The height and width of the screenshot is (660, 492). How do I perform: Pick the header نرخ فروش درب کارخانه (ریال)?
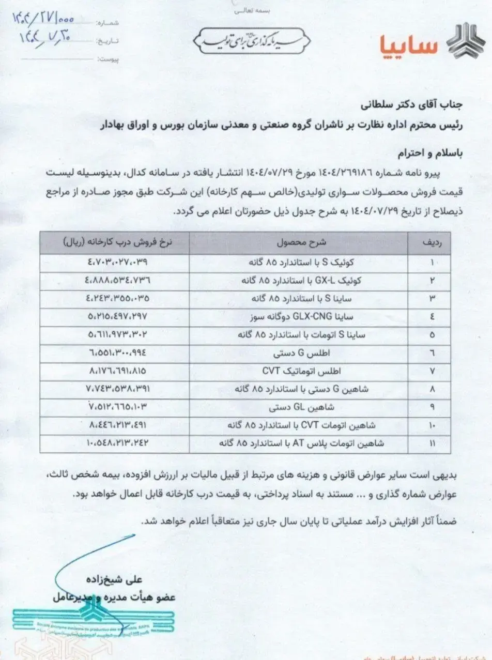click(115, 241)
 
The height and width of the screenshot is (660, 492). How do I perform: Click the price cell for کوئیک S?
click(115, 262)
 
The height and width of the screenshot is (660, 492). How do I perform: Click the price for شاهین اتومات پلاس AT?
click(115, 443)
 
